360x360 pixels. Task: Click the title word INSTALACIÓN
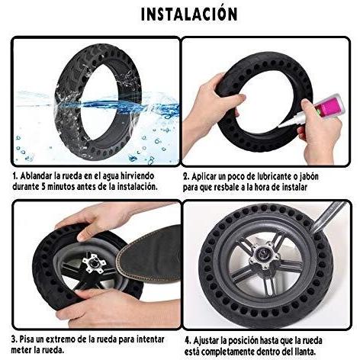(189, 14)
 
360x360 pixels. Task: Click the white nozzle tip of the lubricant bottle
(281, 125)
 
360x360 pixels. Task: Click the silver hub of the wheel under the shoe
(94, 264)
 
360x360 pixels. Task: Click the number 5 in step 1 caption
(43, 187)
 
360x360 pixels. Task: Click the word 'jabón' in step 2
(309, 177)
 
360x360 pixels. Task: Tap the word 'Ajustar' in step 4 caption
(206, 340)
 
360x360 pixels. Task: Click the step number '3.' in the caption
(14, 339)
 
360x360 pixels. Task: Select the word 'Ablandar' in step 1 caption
(37, 176)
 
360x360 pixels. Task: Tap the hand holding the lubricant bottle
(320, 132)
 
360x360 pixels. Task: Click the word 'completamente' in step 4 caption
(230, 352)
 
